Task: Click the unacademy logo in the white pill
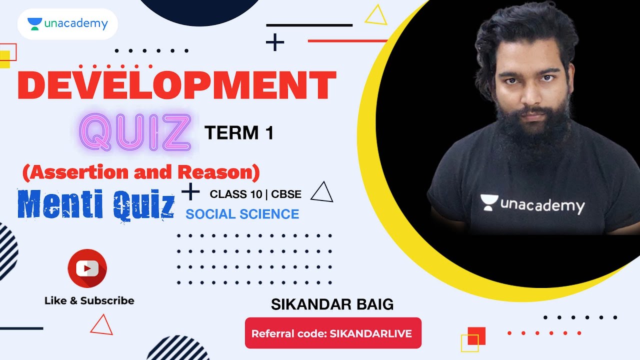(x=67, y=24)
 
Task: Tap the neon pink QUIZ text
(x=135, y=133)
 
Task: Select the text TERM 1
(x=239, y=133)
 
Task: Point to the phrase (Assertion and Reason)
(x=141, y=172)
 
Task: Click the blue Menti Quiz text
(x=96, y=204)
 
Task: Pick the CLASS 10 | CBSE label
(x=255, y=194)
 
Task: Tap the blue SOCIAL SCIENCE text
(x=242, y=214)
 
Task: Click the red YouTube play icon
(x=87, y=268)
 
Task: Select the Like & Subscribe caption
(x=89, y=300)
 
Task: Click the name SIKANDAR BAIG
(x=332, y=304)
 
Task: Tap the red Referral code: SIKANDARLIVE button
(x=333, y=333)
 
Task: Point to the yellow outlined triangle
(x=376, y=16)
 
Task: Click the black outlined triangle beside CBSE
(x=322, y=192)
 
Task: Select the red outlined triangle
(x=101, y=325)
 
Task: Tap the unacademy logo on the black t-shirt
(x=532, y=204)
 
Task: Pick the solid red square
(x=476, y=335)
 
